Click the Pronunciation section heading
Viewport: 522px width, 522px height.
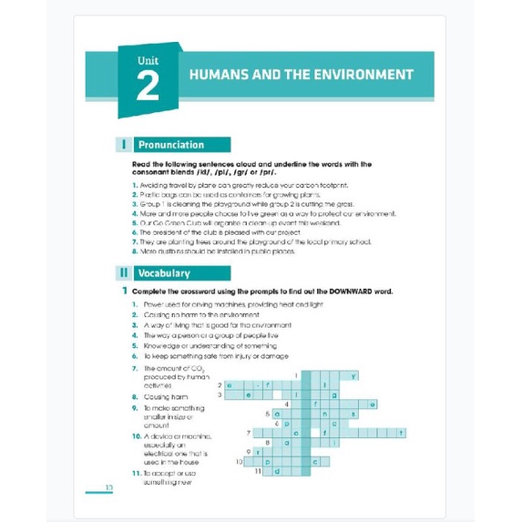pyautogui.click(x=171, y=144)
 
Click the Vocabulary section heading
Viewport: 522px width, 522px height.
pyautogui.click(x=164, y=272)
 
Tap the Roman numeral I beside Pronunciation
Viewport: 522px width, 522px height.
pyautogui.click(x=123, y=144)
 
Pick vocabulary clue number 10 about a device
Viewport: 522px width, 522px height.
pyautogui.click(x=135, y=436)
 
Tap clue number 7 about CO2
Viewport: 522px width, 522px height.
pyautogui.click(x=134, y=368)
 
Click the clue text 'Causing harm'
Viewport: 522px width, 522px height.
pyautogui.click(x=168, y=397)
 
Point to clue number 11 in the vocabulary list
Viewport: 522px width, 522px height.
pyautogui.click(x=135, y=474)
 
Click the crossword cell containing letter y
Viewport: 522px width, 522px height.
pyautogui.click(x=353, y=374)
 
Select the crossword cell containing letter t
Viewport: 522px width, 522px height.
pyautogui.click(x=402, y=433)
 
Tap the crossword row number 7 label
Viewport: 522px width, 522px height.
pyautogui.click(x=249, y=433)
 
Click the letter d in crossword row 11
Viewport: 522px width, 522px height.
pyautogui.click(x=270, y=471)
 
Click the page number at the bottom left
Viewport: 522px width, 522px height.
pyautogui.click(x=108, y=488)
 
